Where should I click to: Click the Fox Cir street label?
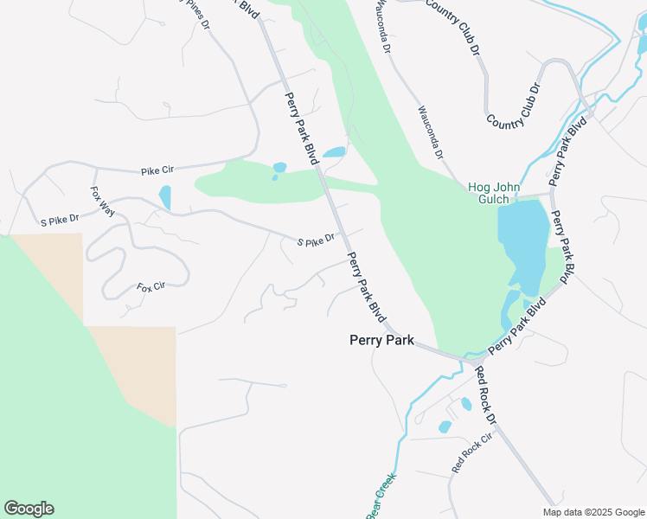(x=151, y=286)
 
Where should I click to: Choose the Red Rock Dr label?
(x=487, y=396)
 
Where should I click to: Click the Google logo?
(x=29, y=509)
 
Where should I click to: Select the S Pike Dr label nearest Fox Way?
(x=60, y=222)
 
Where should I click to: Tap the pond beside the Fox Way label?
(x=164, y=197)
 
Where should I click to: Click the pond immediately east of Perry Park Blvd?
(x=334, y=152)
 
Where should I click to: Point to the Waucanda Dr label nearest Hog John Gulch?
(x=430, y=132)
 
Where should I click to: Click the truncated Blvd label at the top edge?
(x=247, y=7)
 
